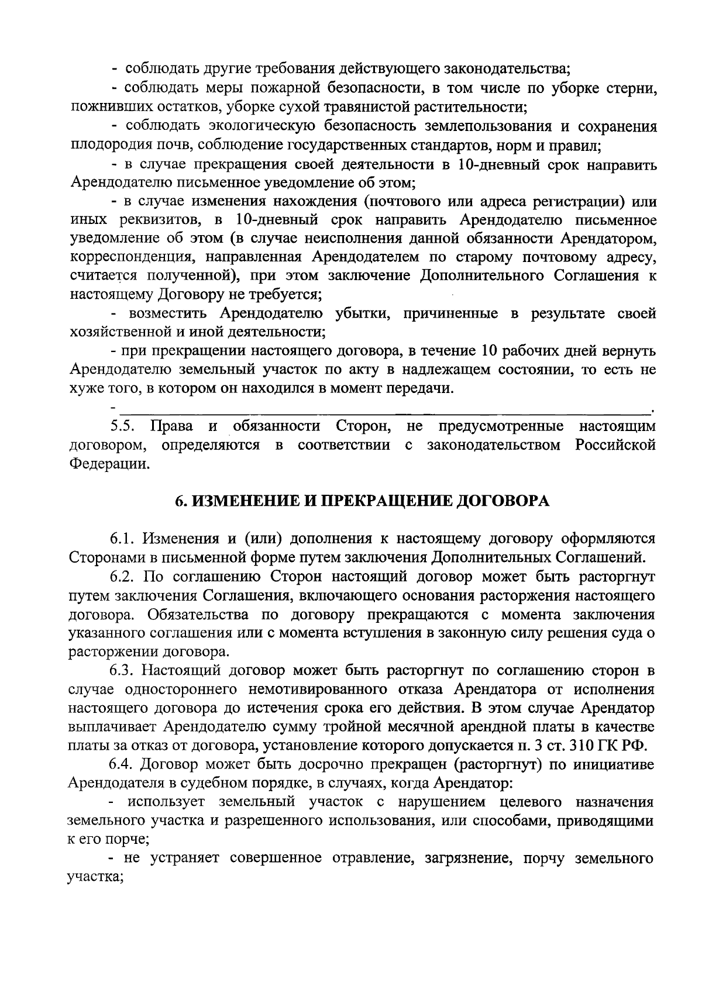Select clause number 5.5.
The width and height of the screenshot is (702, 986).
pyautogui.click(x=124, y=426)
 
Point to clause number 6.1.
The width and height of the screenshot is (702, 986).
pyautogui.click(x=124, y=537)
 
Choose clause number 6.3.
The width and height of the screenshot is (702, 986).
pyautogui.click(x=124, y=670)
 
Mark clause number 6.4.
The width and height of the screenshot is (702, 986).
pyautogui.click(x=124, y=764)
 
